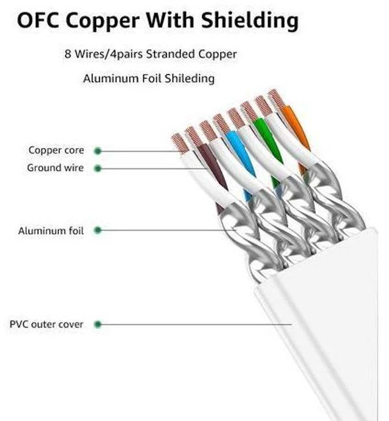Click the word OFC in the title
(38, 20)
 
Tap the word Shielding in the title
(250, 21)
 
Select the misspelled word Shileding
(190, 79)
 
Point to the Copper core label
(57, 150)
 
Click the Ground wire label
(55, 168)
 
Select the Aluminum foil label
(51, 231)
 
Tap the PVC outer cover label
(46, 324)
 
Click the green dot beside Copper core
(98, 151)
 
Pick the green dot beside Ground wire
(98, 169)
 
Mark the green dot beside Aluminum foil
(98, 230)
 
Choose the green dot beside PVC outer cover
(98, 325)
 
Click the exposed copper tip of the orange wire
(276, 98)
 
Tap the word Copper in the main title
(103, 21)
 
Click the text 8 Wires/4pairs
(103, 54)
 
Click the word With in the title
(170, 20)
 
